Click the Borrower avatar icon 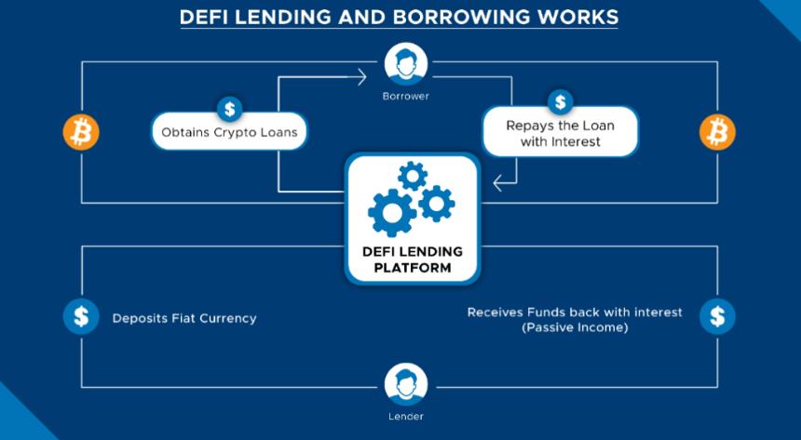(406, 64)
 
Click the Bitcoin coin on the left (81, 132)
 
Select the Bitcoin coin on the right (717, 132)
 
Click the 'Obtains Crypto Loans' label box (229, 133)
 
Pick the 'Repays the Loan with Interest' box (560, 133)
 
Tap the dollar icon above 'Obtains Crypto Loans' (229, 108)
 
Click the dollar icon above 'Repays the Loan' (560, 101)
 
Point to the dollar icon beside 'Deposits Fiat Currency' (81, 317)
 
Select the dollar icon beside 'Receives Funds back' (717, 316)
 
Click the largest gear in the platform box (391, 212)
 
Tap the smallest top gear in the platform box (413, 175)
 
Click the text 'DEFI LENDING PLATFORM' (412, 260)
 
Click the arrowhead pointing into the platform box (499, 183)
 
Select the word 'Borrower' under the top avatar (406, 96)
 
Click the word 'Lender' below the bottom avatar (406, 416)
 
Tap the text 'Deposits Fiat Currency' (184, 318)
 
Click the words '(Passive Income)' (575, 327)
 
